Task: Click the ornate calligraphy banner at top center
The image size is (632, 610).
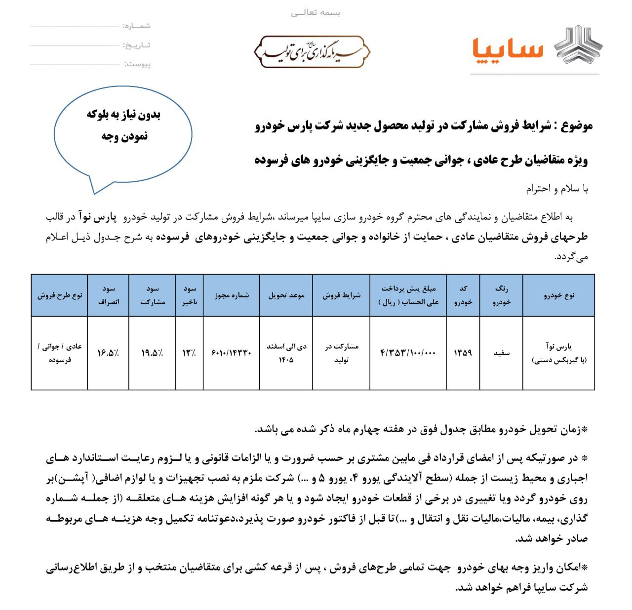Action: [x=312, y=51]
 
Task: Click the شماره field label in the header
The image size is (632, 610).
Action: [x=137, y=26]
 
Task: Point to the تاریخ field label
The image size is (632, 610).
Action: [x=137, y=45]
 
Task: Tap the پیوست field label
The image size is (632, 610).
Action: [x=137, y=64]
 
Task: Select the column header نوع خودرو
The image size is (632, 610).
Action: [x=559, y=295]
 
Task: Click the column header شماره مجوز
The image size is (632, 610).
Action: [x=232, y=295]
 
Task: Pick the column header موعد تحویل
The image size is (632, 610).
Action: [x=286, y=295]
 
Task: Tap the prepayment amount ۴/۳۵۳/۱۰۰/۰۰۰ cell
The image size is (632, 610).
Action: [x=408, y=353]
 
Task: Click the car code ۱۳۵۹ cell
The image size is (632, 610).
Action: [x=463, y=353]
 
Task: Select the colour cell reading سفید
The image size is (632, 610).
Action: [x=501, y=353]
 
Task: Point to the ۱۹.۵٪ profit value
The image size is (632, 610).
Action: [x=152, y=353]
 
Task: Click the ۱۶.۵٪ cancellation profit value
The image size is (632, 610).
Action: [x=108, y=353]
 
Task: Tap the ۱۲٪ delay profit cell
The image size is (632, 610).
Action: [x=190, y=353]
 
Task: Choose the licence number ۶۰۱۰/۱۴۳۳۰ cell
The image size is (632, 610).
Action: [x=232, y=353]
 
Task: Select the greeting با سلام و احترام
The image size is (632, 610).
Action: [x=556, y=189]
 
